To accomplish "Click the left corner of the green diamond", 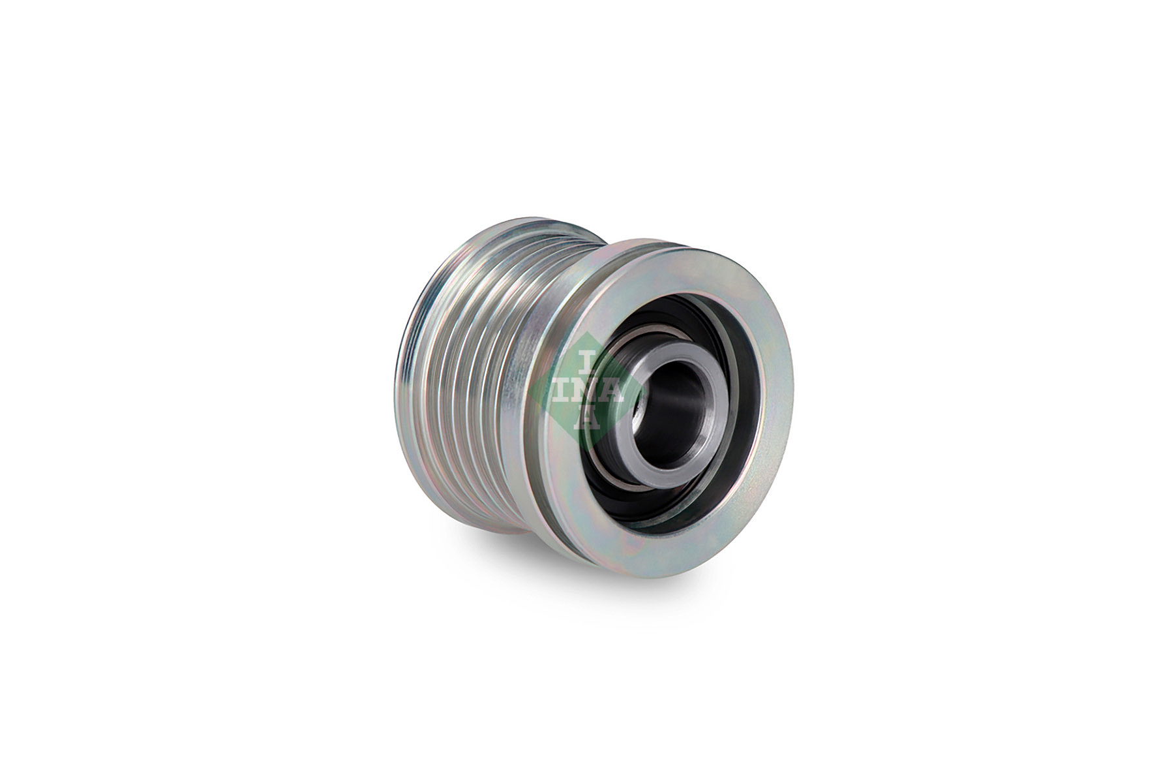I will pyautogui.click(x=530, y=391).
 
